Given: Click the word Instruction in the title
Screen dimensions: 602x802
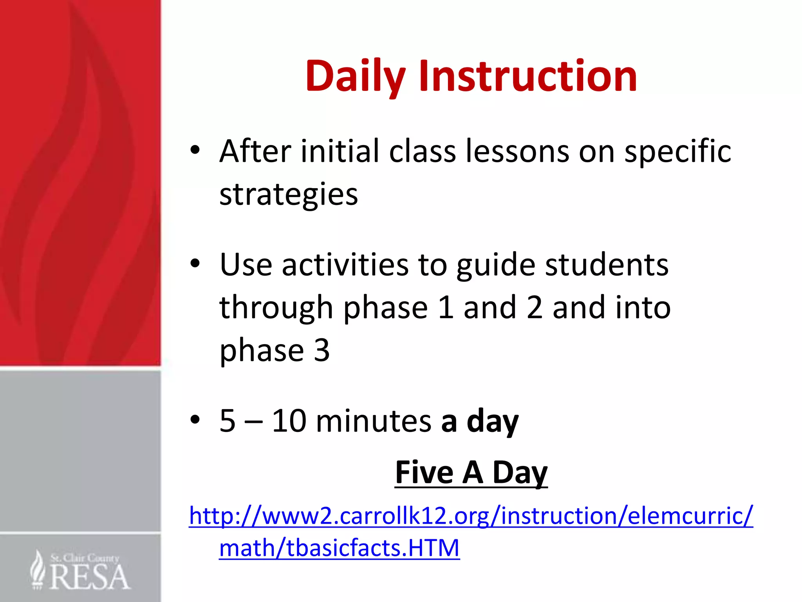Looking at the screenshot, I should (x=528, y=76).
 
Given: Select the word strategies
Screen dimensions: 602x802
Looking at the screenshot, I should (x=289, y=194).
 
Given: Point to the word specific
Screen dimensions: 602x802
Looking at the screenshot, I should (x=677, y=152).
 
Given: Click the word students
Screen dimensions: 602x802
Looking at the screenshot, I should (x=607, y=265).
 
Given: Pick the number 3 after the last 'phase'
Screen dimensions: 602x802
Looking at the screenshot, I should (x=322, y=350).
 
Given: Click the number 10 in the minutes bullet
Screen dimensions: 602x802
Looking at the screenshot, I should (x=289, y=421).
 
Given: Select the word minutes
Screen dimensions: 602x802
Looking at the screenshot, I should (x=373, y=421).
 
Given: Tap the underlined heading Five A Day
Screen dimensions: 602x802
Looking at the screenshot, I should (x=471, y=473).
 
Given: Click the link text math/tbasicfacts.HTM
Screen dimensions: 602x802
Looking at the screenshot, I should (x=339, y=548).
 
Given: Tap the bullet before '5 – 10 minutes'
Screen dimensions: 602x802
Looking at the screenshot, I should (x=195, y=420).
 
